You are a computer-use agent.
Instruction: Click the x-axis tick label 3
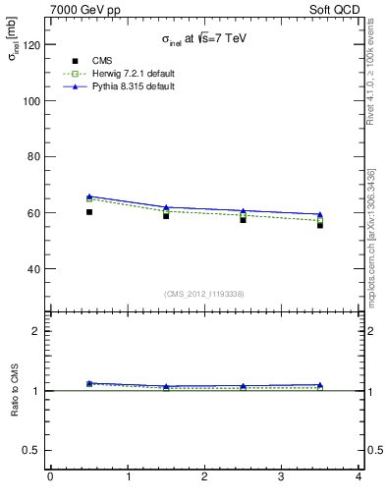pos(281,477)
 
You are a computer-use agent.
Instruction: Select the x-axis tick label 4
pos(358,477)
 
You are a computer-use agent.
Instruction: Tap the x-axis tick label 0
pos(50,477)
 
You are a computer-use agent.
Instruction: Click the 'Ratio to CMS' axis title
pos(15,390)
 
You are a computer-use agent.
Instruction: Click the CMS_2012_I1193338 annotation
pos(203,294)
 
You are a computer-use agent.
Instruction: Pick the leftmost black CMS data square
pos(89,212)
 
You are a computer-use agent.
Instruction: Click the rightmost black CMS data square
pos(320,225)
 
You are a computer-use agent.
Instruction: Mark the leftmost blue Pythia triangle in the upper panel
pos(89,196)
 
